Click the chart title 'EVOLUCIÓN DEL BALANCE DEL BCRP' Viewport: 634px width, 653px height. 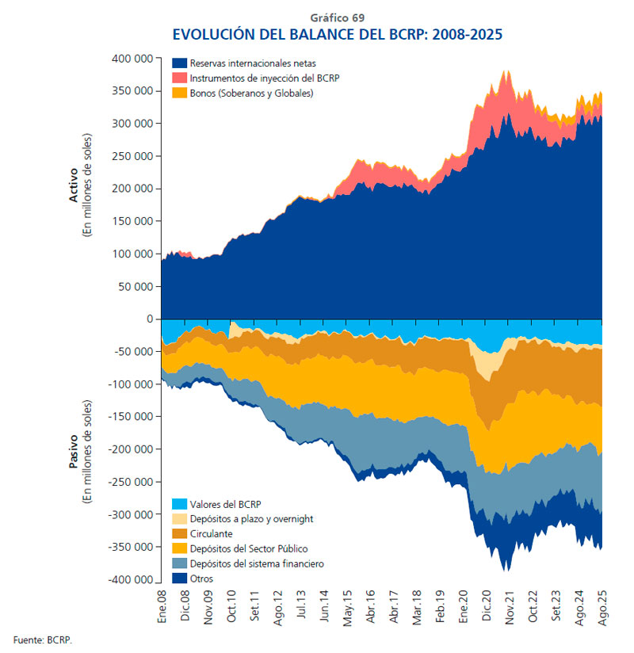pyautogui.click(x=337, y=35)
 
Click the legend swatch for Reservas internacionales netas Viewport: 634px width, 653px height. pyautogui.click(x=179, y=63)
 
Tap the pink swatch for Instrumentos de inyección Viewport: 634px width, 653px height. pyautogui.click(x=179, y=78)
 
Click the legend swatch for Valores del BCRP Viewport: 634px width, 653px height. pyautogui.click(x=179, y=504)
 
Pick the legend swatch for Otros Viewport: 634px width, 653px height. pyautogui.click(x=179, y=579)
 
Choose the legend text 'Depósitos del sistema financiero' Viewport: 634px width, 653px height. pyautogui.click(x=258, y=563)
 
